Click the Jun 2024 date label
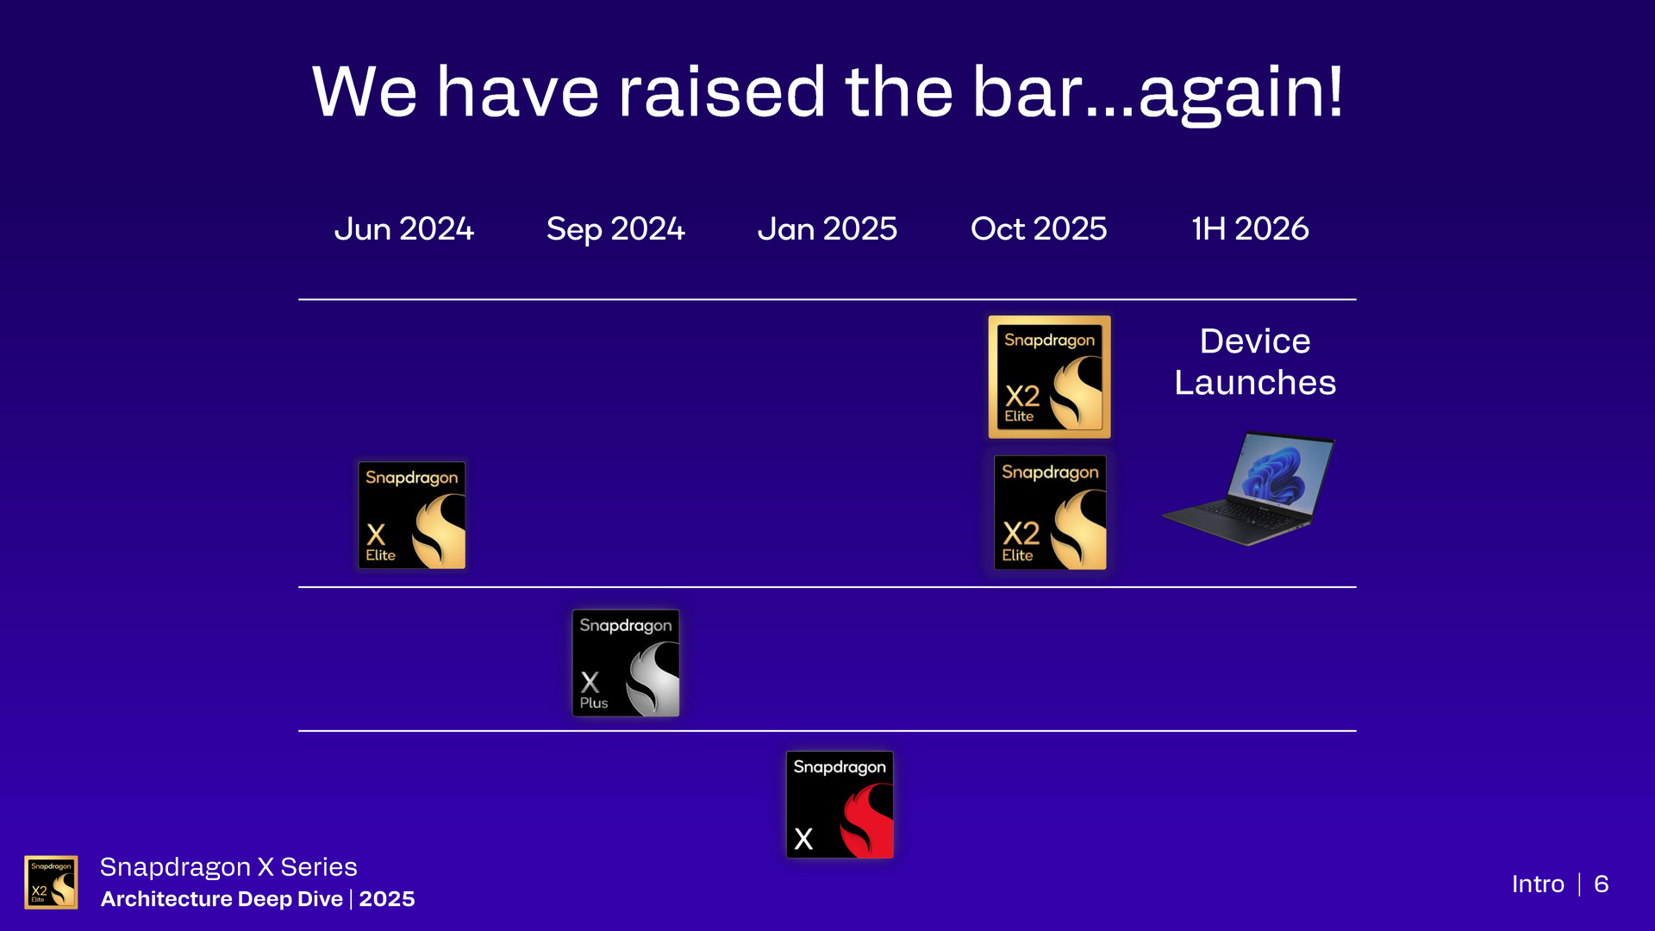[403, 228]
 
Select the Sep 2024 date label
[615, 229]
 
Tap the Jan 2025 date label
[827, 228]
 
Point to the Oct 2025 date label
[1039, 228]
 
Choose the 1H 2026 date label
[1250, 228]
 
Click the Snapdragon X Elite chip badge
[412, 515]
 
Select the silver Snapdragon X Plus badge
[626, 663]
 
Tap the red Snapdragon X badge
[840, 804]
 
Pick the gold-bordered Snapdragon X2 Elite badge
[1049, 377]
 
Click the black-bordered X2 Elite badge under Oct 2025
[1050, 513]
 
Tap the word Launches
[1255, 382]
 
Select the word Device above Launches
[1255, 341]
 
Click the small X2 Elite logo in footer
[51, 882]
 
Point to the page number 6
[1602, 884]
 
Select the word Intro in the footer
[1538, 884]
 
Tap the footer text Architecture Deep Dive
[222, 899]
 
